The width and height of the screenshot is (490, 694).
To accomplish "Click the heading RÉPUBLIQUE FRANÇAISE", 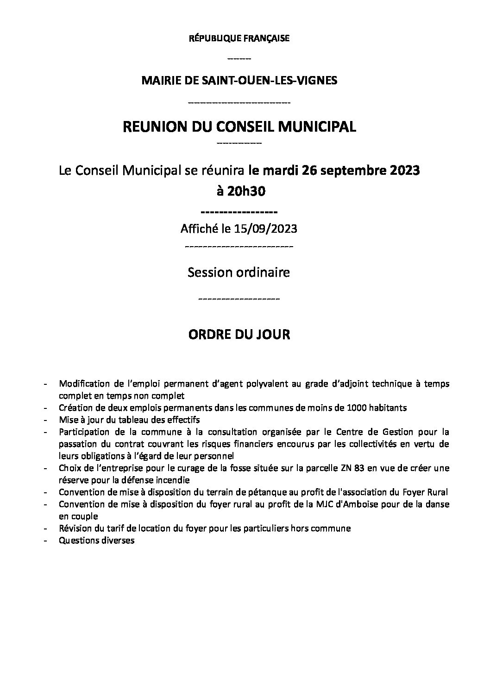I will click(239, 38).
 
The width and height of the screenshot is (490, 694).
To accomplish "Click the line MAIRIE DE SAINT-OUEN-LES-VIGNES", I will click(239, 80).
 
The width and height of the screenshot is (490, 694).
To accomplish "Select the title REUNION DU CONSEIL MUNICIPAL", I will click(239, 127).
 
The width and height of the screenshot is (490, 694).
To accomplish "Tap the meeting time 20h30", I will click(246, 191).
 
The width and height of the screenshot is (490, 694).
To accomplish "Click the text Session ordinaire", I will click(239, 272).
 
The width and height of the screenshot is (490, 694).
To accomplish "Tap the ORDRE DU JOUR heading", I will click(239, 334).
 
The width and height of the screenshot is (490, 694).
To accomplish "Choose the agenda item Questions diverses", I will click(97, 540).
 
